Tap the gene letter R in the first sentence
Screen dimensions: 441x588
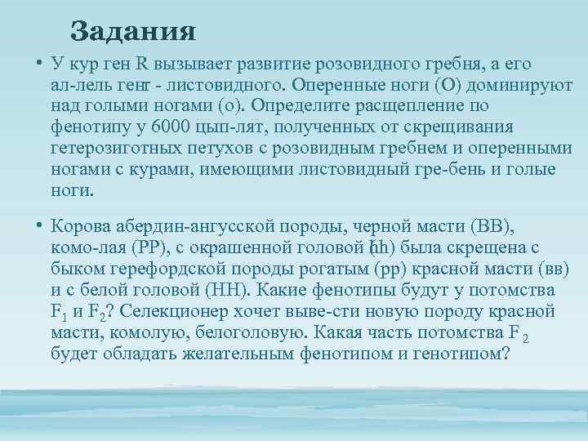[140, 65]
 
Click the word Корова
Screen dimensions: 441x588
[82, 225]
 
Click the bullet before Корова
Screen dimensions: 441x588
[38, 226]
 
